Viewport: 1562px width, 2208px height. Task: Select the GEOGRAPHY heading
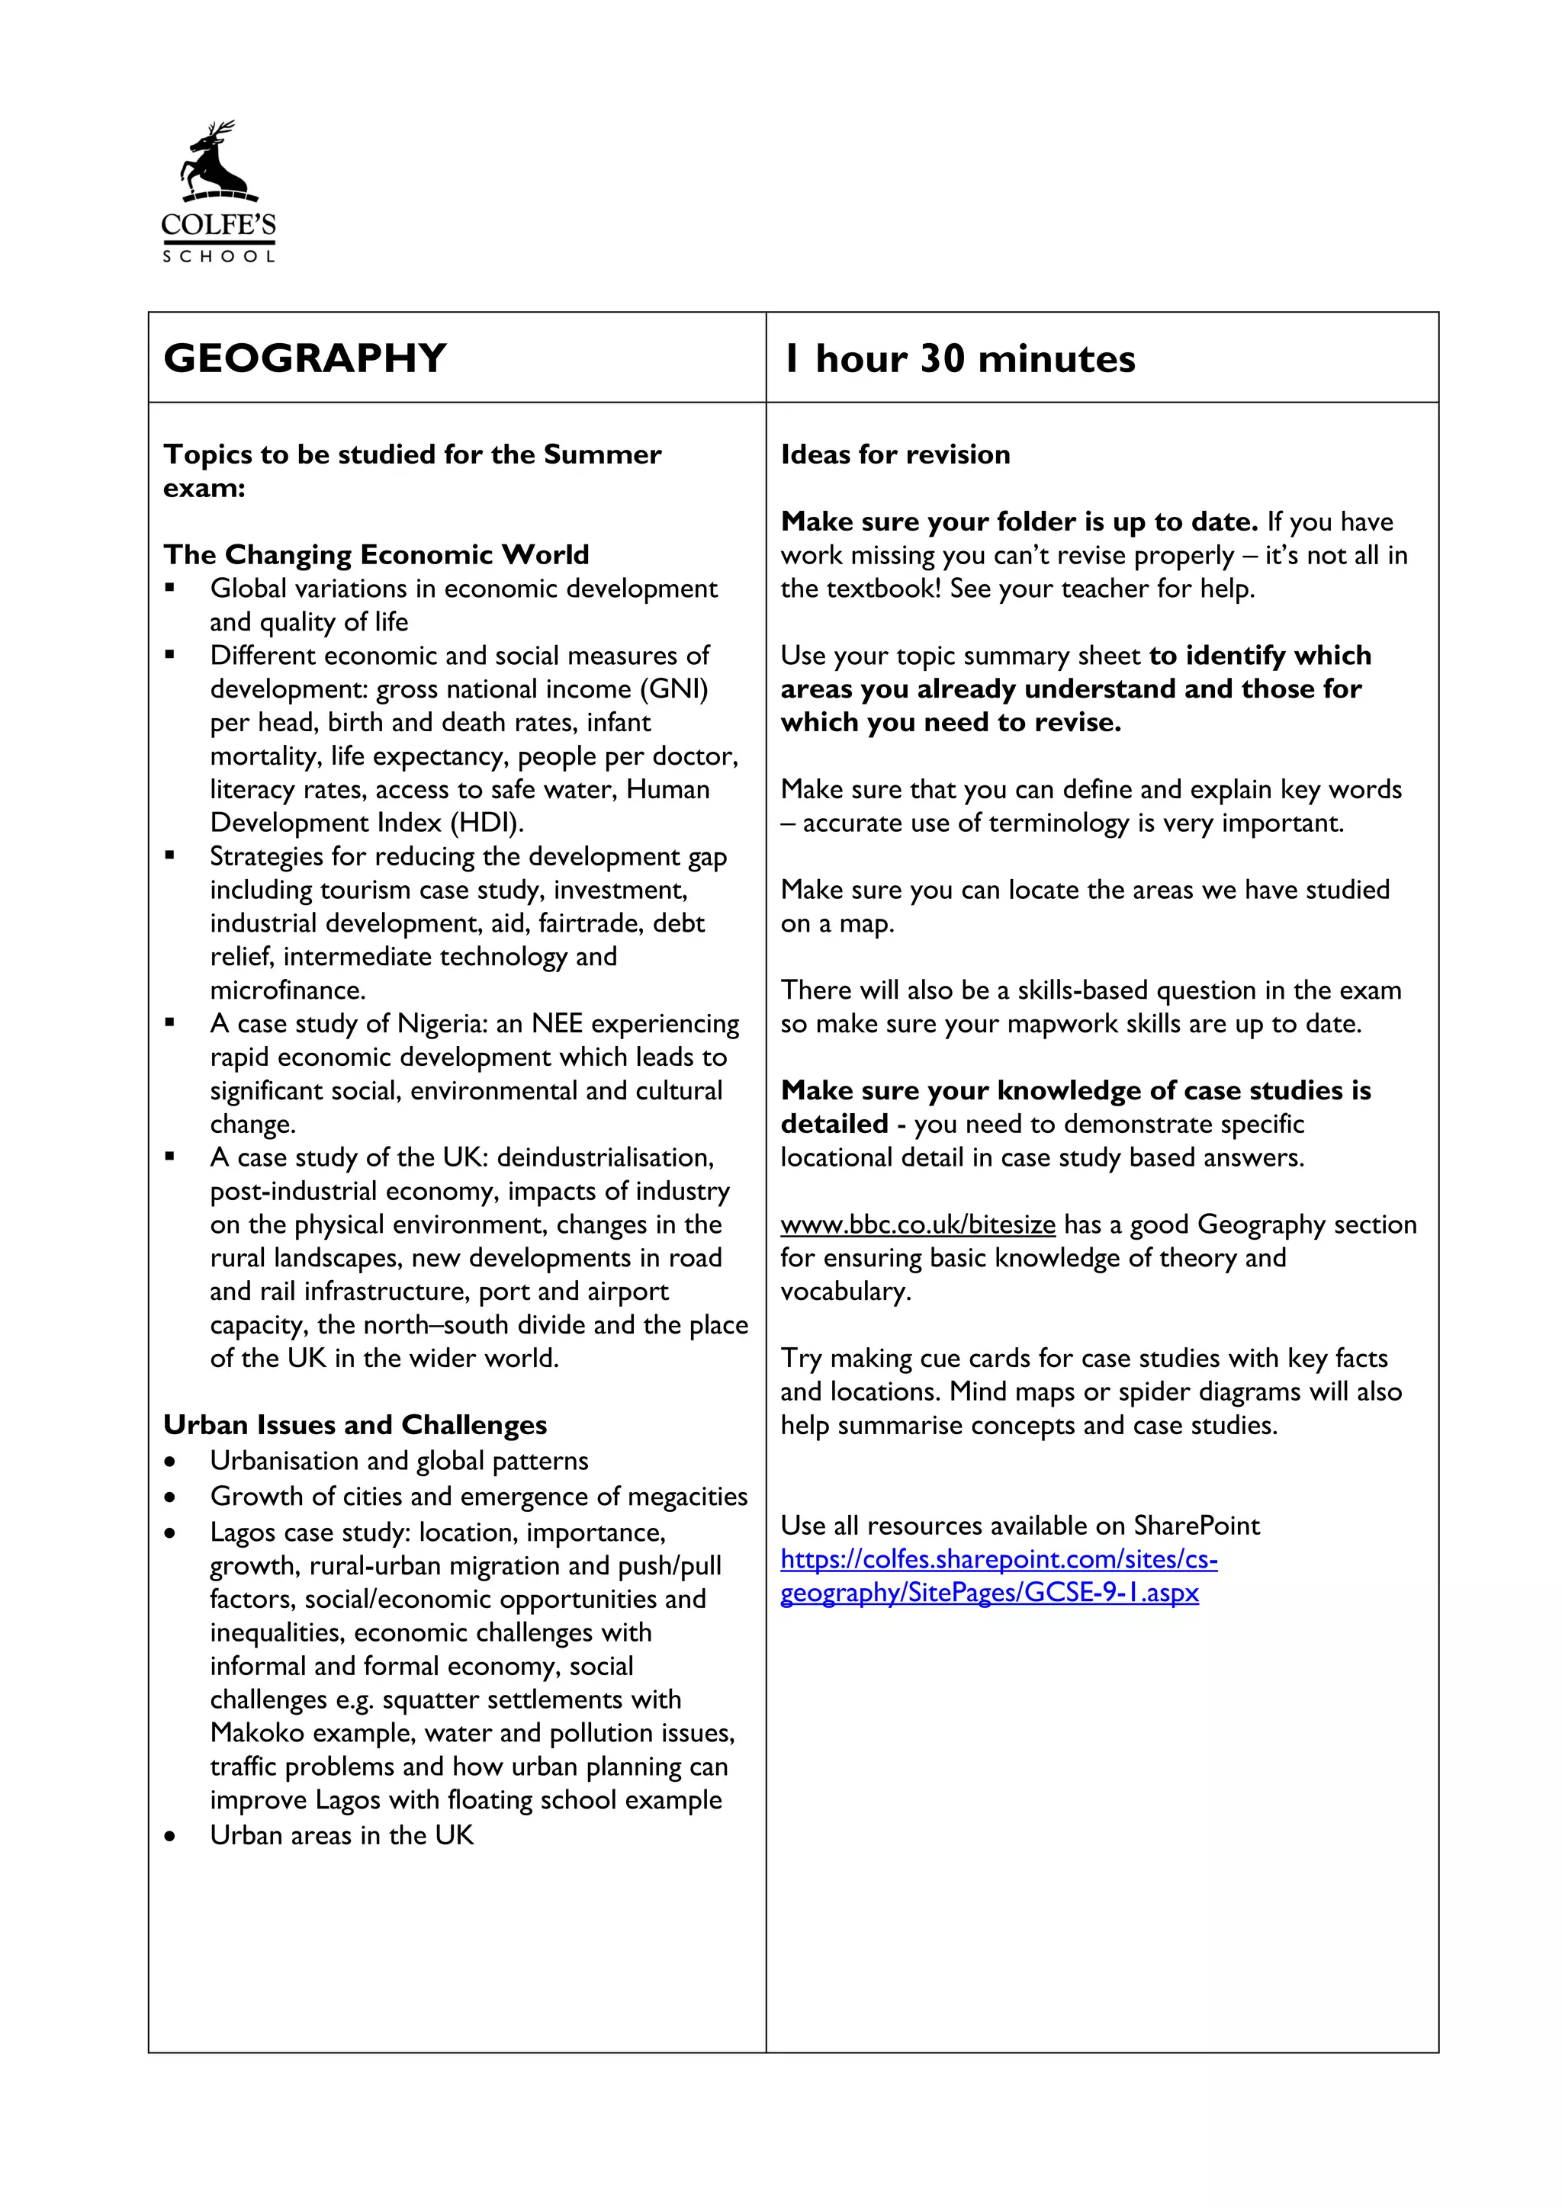[x=305, y=358]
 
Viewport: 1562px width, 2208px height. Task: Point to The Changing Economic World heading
[x=376, y=555]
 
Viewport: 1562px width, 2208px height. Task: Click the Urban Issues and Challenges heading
[x=355, y=1424]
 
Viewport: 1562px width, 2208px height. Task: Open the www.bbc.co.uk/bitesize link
[x=918, y=1224]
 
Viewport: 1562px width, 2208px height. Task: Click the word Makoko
[x=257, y=1733]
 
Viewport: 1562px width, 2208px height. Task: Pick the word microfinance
[x=288, y=990]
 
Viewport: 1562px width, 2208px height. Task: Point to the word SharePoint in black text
[x=1197, y=1525]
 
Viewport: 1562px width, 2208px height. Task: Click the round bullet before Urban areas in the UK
[x=170, y=1836]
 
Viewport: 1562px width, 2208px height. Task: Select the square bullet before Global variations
[x=170, y=588]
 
